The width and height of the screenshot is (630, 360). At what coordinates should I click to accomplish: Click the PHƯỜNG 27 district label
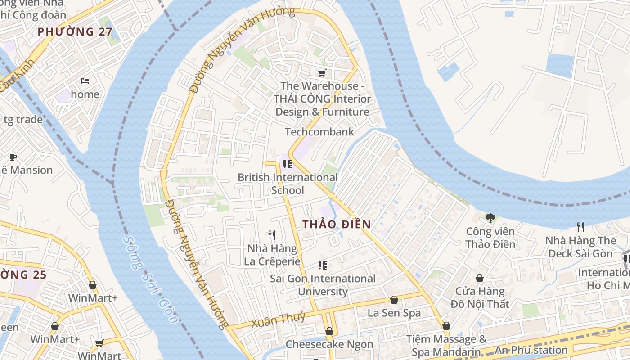72,32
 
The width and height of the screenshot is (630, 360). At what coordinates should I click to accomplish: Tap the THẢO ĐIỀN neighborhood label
337,224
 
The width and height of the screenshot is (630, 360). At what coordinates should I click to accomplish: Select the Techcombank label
319,132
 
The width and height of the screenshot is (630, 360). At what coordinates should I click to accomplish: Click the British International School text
288,184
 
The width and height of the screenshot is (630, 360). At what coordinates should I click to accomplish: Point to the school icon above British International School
288,164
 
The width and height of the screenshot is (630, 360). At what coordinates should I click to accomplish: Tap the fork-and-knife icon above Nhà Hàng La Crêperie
271,235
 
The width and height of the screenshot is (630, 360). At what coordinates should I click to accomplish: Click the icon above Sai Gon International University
322,265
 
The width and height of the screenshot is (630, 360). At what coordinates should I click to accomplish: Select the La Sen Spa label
394,313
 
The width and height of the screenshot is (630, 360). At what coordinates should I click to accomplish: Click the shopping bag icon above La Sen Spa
394,300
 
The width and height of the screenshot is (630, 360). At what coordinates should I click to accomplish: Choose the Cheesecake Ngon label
329,345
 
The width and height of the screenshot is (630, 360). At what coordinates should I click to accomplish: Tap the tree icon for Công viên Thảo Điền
490,218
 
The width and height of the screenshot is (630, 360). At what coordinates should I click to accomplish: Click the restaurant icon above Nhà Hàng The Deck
580,227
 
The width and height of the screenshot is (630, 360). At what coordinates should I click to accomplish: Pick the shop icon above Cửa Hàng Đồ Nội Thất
480,278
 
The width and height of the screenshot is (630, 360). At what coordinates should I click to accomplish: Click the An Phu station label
531,350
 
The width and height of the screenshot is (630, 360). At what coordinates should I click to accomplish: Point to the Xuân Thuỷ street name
278,319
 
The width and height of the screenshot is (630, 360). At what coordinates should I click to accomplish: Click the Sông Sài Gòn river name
151,279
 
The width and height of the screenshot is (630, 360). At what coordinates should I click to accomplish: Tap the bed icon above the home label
85,81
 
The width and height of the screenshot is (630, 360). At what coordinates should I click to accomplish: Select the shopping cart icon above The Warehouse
322,73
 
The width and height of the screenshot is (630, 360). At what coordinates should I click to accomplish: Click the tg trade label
23,120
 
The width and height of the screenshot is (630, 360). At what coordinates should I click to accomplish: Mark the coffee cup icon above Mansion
13,157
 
